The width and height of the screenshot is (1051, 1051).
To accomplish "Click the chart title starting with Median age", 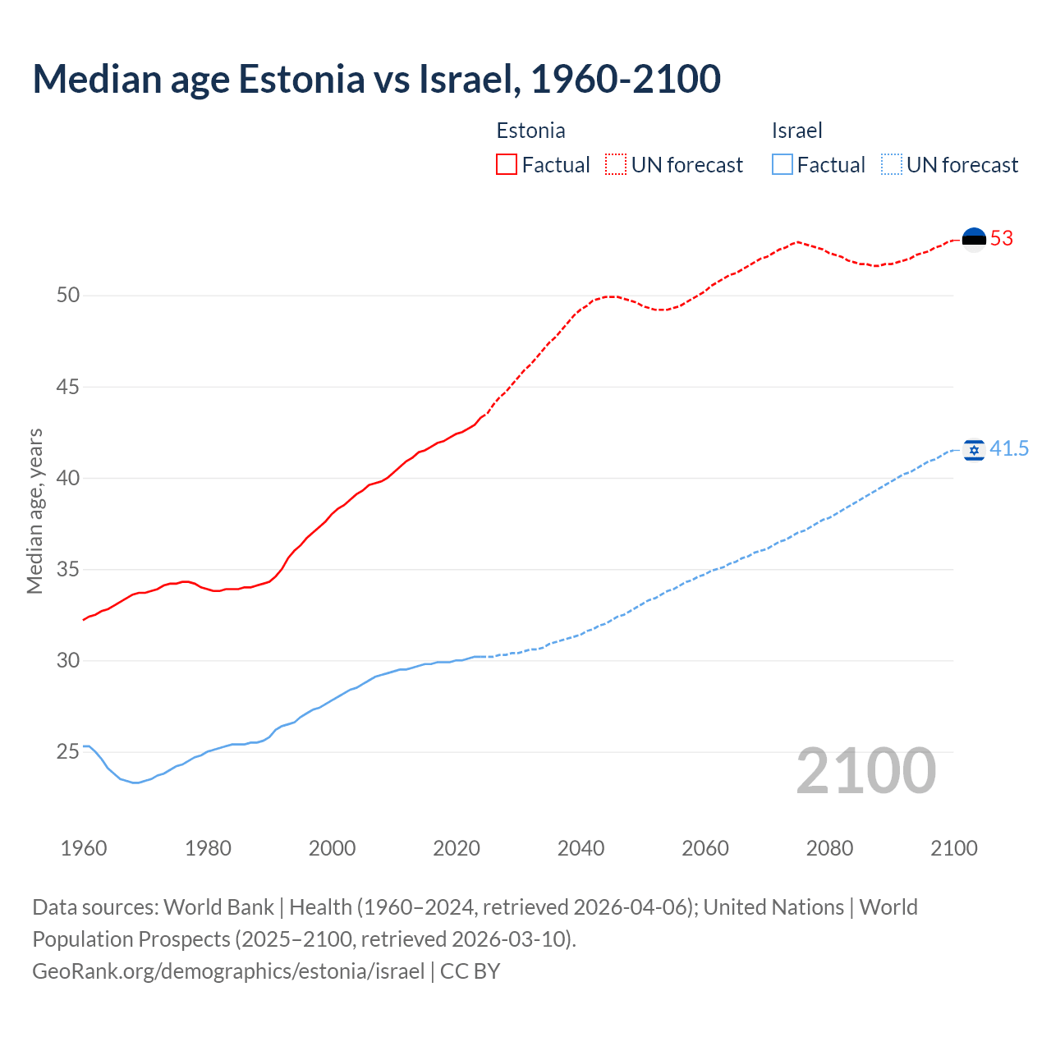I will (x=376, y=79).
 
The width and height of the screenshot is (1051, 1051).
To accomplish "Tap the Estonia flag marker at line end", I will (x=974, y=239).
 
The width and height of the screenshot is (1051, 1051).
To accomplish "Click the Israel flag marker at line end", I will (x=974, y=449).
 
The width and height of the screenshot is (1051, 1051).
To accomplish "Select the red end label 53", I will (x=1002, y=239).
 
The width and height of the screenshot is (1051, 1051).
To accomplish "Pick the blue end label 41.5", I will (x=1009, y=449).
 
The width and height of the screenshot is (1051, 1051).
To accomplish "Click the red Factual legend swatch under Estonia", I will (x=507, y=165).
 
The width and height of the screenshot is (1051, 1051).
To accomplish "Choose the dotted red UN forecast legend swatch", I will (x=616, y=165).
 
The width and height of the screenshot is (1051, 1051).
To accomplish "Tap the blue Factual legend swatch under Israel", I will (x=783, y=165).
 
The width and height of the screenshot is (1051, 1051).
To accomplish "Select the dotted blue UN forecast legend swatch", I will (x=892, y=165).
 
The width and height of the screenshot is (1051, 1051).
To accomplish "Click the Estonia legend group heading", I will (x=530, y=131).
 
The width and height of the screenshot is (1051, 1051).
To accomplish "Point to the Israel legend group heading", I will (x=796, y=131).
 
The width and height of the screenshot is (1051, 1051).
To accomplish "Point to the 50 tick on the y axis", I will (x=68, y=296).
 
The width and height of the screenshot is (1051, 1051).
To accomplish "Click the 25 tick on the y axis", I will (x=68, y=752).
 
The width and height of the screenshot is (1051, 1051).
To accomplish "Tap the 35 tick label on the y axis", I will (x=68, y=570).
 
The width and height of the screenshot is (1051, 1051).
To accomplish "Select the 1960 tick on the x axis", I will (x=84, y=848).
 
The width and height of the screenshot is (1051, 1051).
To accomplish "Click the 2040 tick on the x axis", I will (x=581, y=848).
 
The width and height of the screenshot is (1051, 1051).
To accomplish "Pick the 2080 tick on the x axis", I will (x=829, y=848).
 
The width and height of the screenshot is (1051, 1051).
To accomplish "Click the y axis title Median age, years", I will (x=34, y=511).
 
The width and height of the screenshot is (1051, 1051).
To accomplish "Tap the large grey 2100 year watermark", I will (x=865, y=771).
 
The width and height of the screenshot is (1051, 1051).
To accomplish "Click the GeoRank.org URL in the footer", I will (x=228, y=971).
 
